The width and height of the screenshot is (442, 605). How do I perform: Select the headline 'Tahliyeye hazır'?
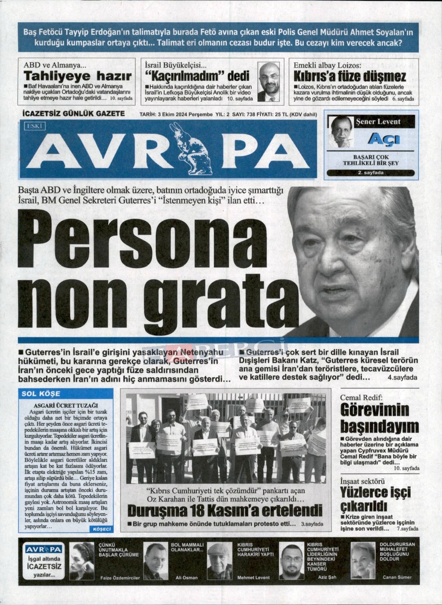[x=77, y=76]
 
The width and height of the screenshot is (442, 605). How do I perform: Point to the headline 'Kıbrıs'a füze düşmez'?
[x=349, y=76]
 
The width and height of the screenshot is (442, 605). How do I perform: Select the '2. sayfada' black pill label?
[x=371, y=173]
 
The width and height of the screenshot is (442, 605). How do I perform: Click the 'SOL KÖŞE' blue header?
[x=41, y=394]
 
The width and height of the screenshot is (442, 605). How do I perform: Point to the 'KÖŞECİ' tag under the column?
[x=102, y=529]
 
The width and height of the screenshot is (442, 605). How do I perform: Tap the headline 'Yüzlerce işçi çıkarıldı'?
[x=375, y=499]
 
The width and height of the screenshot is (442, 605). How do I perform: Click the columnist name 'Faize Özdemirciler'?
[x=120, y=578]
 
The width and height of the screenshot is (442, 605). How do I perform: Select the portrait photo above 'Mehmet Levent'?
[x=220, y=562]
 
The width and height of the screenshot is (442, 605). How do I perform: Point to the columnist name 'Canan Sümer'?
[x=397, y=577]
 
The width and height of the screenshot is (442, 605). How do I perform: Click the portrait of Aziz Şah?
[x=291, y=562]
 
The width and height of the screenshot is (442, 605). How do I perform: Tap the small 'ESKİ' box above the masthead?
[x=35, y=125]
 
